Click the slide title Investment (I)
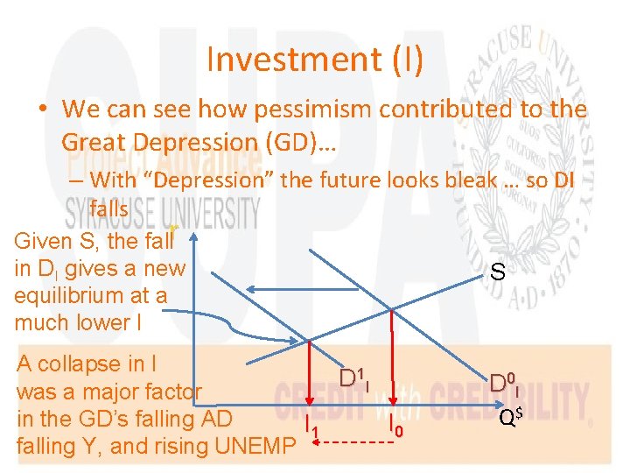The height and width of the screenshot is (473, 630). click(x=314, y=60)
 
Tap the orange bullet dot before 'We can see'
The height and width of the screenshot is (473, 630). click(x=41, y=111)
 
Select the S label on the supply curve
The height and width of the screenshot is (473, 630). click(x=496, y=273)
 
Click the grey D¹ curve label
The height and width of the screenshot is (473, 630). click(x=353, y=380)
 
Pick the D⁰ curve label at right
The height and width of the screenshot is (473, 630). click(x=504, y=383)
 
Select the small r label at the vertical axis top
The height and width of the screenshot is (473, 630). click(x=174, y=229)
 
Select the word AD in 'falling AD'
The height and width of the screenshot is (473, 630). click(x=217, y=419)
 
